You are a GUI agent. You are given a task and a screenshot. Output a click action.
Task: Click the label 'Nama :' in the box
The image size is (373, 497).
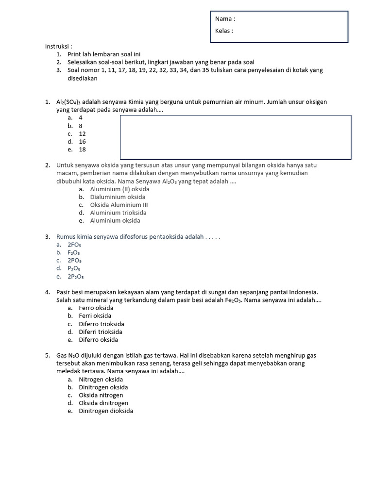pos(225,19)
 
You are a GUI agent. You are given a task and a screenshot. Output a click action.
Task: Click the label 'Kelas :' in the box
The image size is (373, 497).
pos(224,31)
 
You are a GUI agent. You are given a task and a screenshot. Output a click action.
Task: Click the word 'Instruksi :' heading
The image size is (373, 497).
pos(59,47)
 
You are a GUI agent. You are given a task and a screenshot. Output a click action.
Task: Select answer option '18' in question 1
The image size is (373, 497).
pos(82,149)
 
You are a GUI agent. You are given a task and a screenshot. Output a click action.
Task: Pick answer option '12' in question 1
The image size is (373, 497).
pos(82,134)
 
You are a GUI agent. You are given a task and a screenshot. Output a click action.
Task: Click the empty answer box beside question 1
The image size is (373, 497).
pos(236,137)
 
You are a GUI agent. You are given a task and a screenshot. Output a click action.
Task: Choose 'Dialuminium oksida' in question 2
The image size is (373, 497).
pos(118,197)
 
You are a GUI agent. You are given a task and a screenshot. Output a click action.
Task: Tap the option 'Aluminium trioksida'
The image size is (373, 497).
pos(118,213)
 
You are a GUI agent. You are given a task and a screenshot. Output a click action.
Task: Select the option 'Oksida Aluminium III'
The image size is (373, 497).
pos(119,205)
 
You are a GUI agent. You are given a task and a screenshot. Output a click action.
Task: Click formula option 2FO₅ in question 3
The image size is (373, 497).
pos(74,245)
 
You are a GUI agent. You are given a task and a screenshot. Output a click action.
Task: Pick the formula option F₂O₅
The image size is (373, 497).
pos(74,253)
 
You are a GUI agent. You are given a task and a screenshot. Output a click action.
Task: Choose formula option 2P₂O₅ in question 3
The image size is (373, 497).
pos(76,277)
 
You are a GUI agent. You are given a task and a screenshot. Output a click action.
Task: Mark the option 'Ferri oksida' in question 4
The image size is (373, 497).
pos(95,316)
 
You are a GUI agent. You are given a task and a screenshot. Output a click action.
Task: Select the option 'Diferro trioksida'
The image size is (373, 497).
pos(102,324)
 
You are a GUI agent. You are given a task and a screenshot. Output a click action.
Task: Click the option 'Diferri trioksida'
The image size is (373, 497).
pos(101,332)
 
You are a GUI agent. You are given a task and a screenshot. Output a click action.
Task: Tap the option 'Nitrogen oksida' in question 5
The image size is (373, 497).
pos(101,380)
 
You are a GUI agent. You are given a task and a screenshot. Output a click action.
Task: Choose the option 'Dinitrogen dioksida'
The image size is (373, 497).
pos(106,411)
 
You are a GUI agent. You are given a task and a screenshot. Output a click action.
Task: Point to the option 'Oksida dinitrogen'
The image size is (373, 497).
pos(103,403)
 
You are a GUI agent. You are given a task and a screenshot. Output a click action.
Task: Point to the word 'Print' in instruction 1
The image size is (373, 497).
pos(74,54)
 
